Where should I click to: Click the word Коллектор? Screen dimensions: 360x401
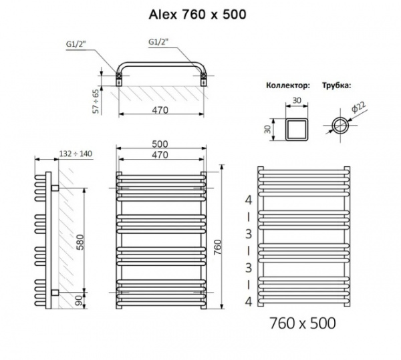pyautogui.click(x=288, y=86)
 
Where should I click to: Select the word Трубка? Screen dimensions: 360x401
pyautogui.click(x=337, y=86)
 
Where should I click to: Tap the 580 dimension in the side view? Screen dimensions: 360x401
pyautogui.click(x=80, y=243)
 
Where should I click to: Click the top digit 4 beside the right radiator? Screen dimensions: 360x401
pyautogui.click(x=249, y=200)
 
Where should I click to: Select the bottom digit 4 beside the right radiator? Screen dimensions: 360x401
pyautogui.click(x=249, y=302)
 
